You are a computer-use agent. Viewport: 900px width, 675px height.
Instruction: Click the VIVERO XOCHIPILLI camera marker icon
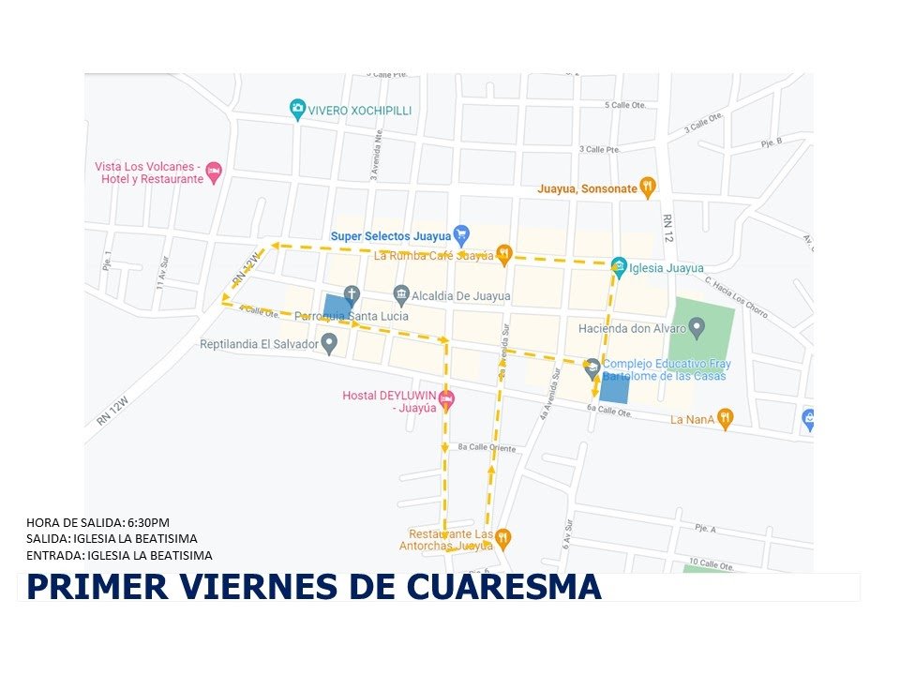[x=297, y=110]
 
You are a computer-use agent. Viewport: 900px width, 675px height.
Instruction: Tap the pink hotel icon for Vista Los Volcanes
[x=214, y=172]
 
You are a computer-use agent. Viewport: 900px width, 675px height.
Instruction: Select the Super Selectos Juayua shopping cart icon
[x=460, y=234]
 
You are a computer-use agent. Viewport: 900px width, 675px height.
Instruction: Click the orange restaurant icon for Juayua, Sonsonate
[x=647, y=187]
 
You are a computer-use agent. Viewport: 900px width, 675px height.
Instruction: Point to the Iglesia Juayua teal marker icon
[x=619, y=267]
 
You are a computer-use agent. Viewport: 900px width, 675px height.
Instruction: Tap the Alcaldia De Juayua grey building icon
[x=401, y=295]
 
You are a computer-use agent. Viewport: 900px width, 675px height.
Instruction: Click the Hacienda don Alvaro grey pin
[x=696, y=327]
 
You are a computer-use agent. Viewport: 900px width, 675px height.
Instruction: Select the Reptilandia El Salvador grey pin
[x=329, y=344]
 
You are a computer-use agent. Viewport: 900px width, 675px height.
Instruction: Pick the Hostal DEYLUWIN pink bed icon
[x=447, y=400]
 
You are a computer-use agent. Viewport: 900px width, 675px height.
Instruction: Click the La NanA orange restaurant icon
[x=725, y=419]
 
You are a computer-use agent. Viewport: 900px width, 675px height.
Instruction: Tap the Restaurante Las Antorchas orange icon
[x=502, y=538]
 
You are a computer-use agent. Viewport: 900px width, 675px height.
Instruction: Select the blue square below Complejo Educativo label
[x=614, y=387]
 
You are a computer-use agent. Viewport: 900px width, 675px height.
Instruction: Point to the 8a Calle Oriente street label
[x=487, y=448]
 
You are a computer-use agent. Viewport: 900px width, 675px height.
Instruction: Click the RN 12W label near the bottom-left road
[x=112, y=411]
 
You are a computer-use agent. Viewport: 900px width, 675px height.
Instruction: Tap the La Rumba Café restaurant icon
[x=504, y=253]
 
